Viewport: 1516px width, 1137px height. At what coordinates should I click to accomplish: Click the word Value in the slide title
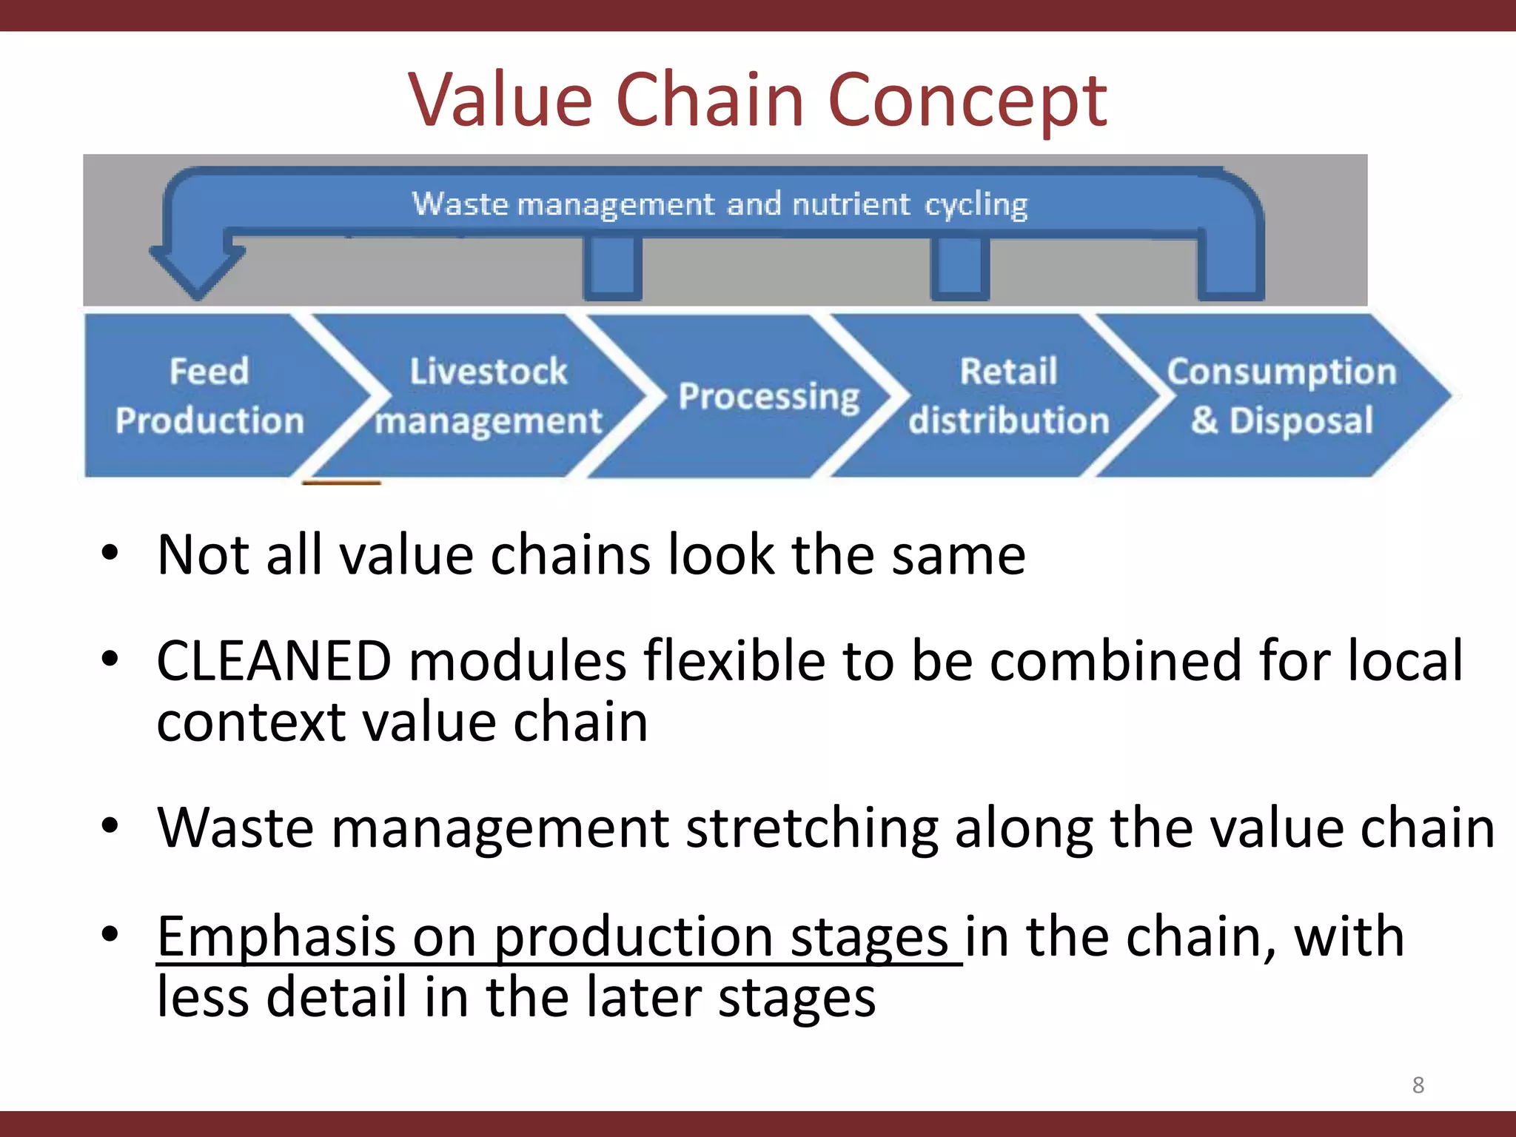(500, 100)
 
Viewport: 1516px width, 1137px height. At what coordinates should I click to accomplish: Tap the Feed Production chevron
(209, 396)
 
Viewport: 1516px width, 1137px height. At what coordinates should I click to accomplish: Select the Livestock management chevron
(489, 396)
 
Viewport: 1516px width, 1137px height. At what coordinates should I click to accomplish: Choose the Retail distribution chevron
(1008, 396)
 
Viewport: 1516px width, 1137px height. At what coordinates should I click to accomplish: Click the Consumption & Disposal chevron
(1281, 396)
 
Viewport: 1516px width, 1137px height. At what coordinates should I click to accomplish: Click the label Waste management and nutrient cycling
(720, 204)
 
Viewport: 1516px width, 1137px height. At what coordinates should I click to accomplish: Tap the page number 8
(1418, 1085)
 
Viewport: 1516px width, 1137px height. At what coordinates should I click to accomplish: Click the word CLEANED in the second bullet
(274, 660)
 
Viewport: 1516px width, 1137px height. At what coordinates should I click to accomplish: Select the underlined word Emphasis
(276, 936)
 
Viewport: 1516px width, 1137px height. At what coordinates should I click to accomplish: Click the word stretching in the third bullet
(812, 828)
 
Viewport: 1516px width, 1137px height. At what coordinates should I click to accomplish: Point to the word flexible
(734, 660)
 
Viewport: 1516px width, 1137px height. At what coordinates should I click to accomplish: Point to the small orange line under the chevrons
(341, 483)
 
